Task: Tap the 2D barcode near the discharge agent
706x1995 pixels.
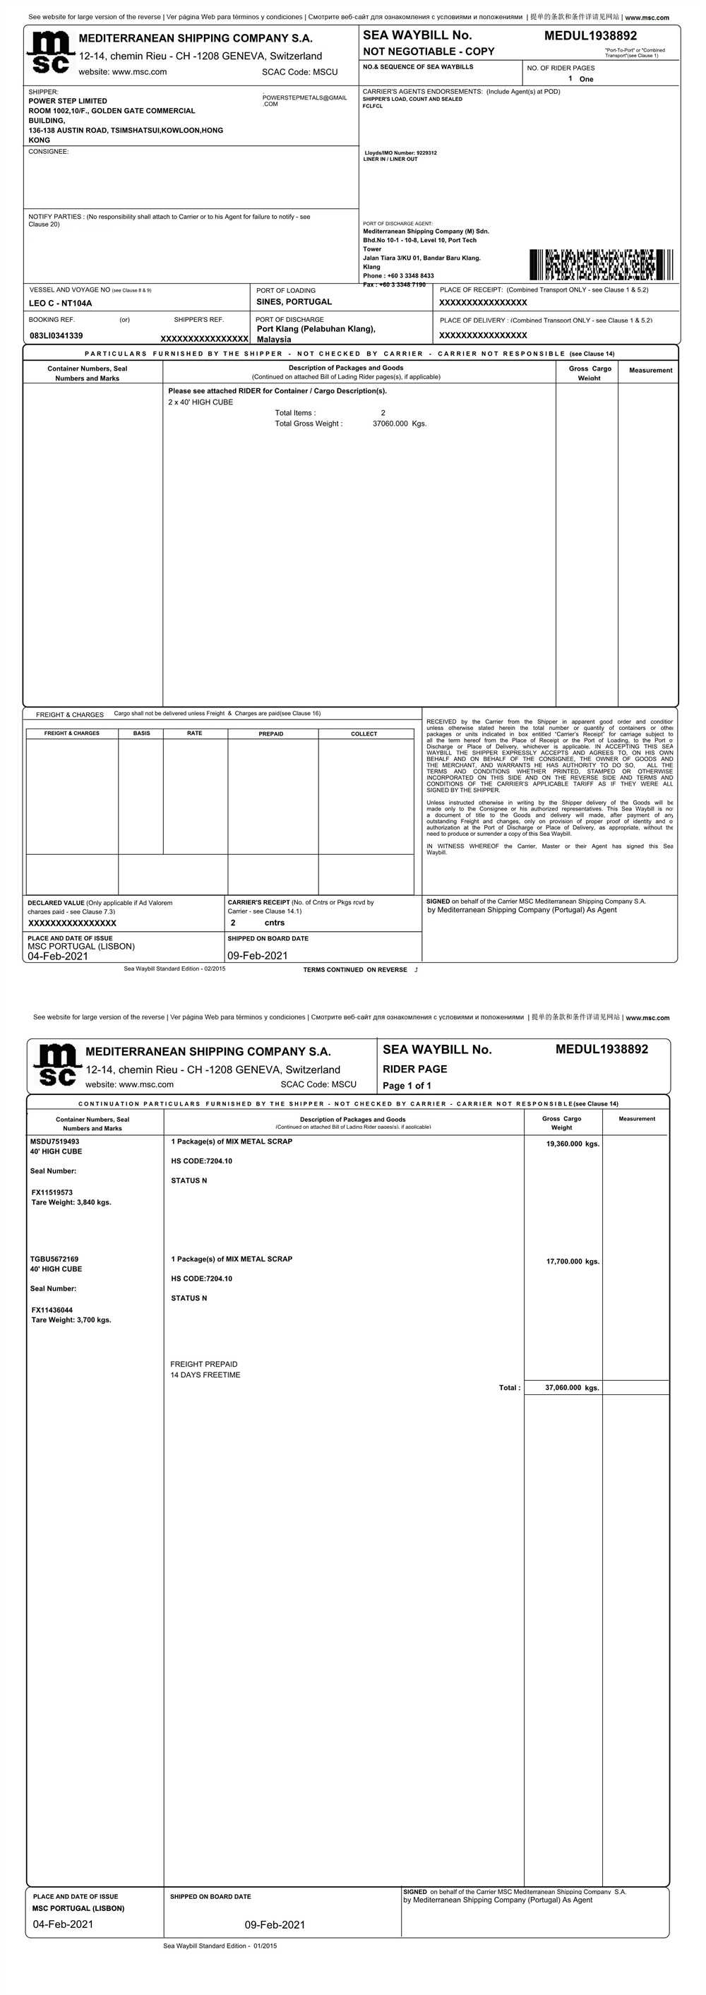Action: [x=601, y=265]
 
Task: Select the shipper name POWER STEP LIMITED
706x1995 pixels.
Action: [x=68, y=101]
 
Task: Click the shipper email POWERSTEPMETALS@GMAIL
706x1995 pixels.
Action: [x=304, y=98]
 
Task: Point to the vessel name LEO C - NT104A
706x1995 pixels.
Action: [x=61, y=303]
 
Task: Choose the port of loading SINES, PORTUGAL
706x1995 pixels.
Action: [x=294, y=302]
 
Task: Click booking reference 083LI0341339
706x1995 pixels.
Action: [x=56, y=335]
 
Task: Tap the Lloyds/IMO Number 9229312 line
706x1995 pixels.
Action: [x=400, y=153]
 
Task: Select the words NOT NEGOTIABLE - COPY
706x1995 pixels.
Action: [x=428, y=51]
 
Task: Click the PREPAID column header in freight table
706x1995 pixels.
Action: [x=271, y=733]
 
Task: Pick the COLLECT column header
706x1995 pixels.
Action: [x=364, y=733]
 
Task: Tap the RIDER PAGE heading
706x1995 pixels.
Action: [x=415, y=1069]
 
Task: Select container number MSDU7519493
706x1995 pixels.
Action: [x=54, y=1142]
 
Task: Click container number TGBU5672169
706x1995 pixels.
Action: [x=54, y=1259]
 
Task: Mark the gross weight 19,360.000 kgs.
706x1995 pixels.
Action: [x=573, y=1144]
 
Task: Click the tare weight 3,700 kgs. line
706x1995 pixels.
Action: [x=71, y=1319]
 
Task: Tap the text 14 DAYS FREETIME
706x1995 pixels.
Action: [x=205, y=1374]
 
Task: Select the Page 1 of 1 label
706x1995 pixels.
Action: [x=407, y=1085]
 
